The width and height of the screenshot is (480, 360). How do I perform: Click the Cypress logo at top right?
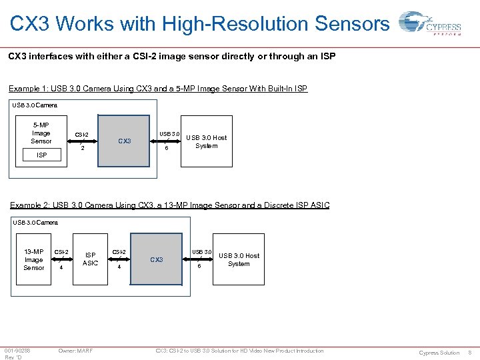pos(429,25)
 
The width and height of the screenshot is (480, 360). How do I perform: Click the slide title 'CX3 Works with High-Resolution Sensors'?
pos(199,23)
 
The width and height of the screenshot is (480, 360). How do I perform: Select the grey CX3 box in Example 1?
pos(124,141)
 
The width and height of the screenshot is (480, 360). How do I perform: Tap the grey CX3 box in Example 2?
pos(157,259)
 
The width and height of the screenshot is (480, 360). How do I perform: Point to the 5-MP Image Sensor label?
pos(41,133)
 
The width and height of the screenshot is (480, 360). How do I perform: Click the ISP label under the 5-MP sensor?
pos(41,155)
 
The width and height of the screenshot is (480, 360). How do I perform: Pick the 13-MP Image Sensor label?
pos(34,259)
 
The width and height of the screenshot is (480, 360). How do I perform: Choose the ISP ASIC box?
pos(90,259)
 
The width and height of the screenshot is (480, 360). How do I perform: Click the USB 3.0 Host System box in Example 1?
pos(206,141)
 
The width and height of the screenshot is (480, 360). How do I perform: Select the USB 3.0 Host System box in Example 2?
pos(239,259)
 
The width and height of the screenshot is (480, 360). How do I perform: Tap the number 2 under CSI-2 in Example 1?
pos(82,149)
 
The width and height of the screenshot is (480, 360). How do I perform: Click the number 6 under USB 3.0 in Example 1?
pos(167,149)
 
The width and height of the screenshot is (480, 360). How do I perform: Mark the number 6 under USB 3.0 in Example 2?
pos(199,267)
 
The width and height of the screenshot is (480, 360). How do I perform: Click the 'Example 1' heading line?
pos(158,89)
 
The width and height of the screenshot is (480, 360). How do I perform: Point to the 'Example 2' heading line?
pos(169,205)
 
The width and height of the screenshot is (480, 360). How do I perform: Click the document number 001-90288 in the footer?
pos(17,351)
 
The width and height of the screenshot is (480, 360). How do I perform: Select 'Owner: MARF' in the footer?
pos(75,351)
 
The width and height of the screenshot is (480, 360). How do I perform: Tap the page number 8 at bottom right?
pos(470,352)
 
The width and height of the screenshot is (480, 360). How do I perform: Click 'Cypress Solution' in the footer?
pos(439,352)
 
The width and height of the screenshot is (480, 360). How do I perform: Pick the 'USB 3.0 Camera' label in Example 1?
pos(35,105)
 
